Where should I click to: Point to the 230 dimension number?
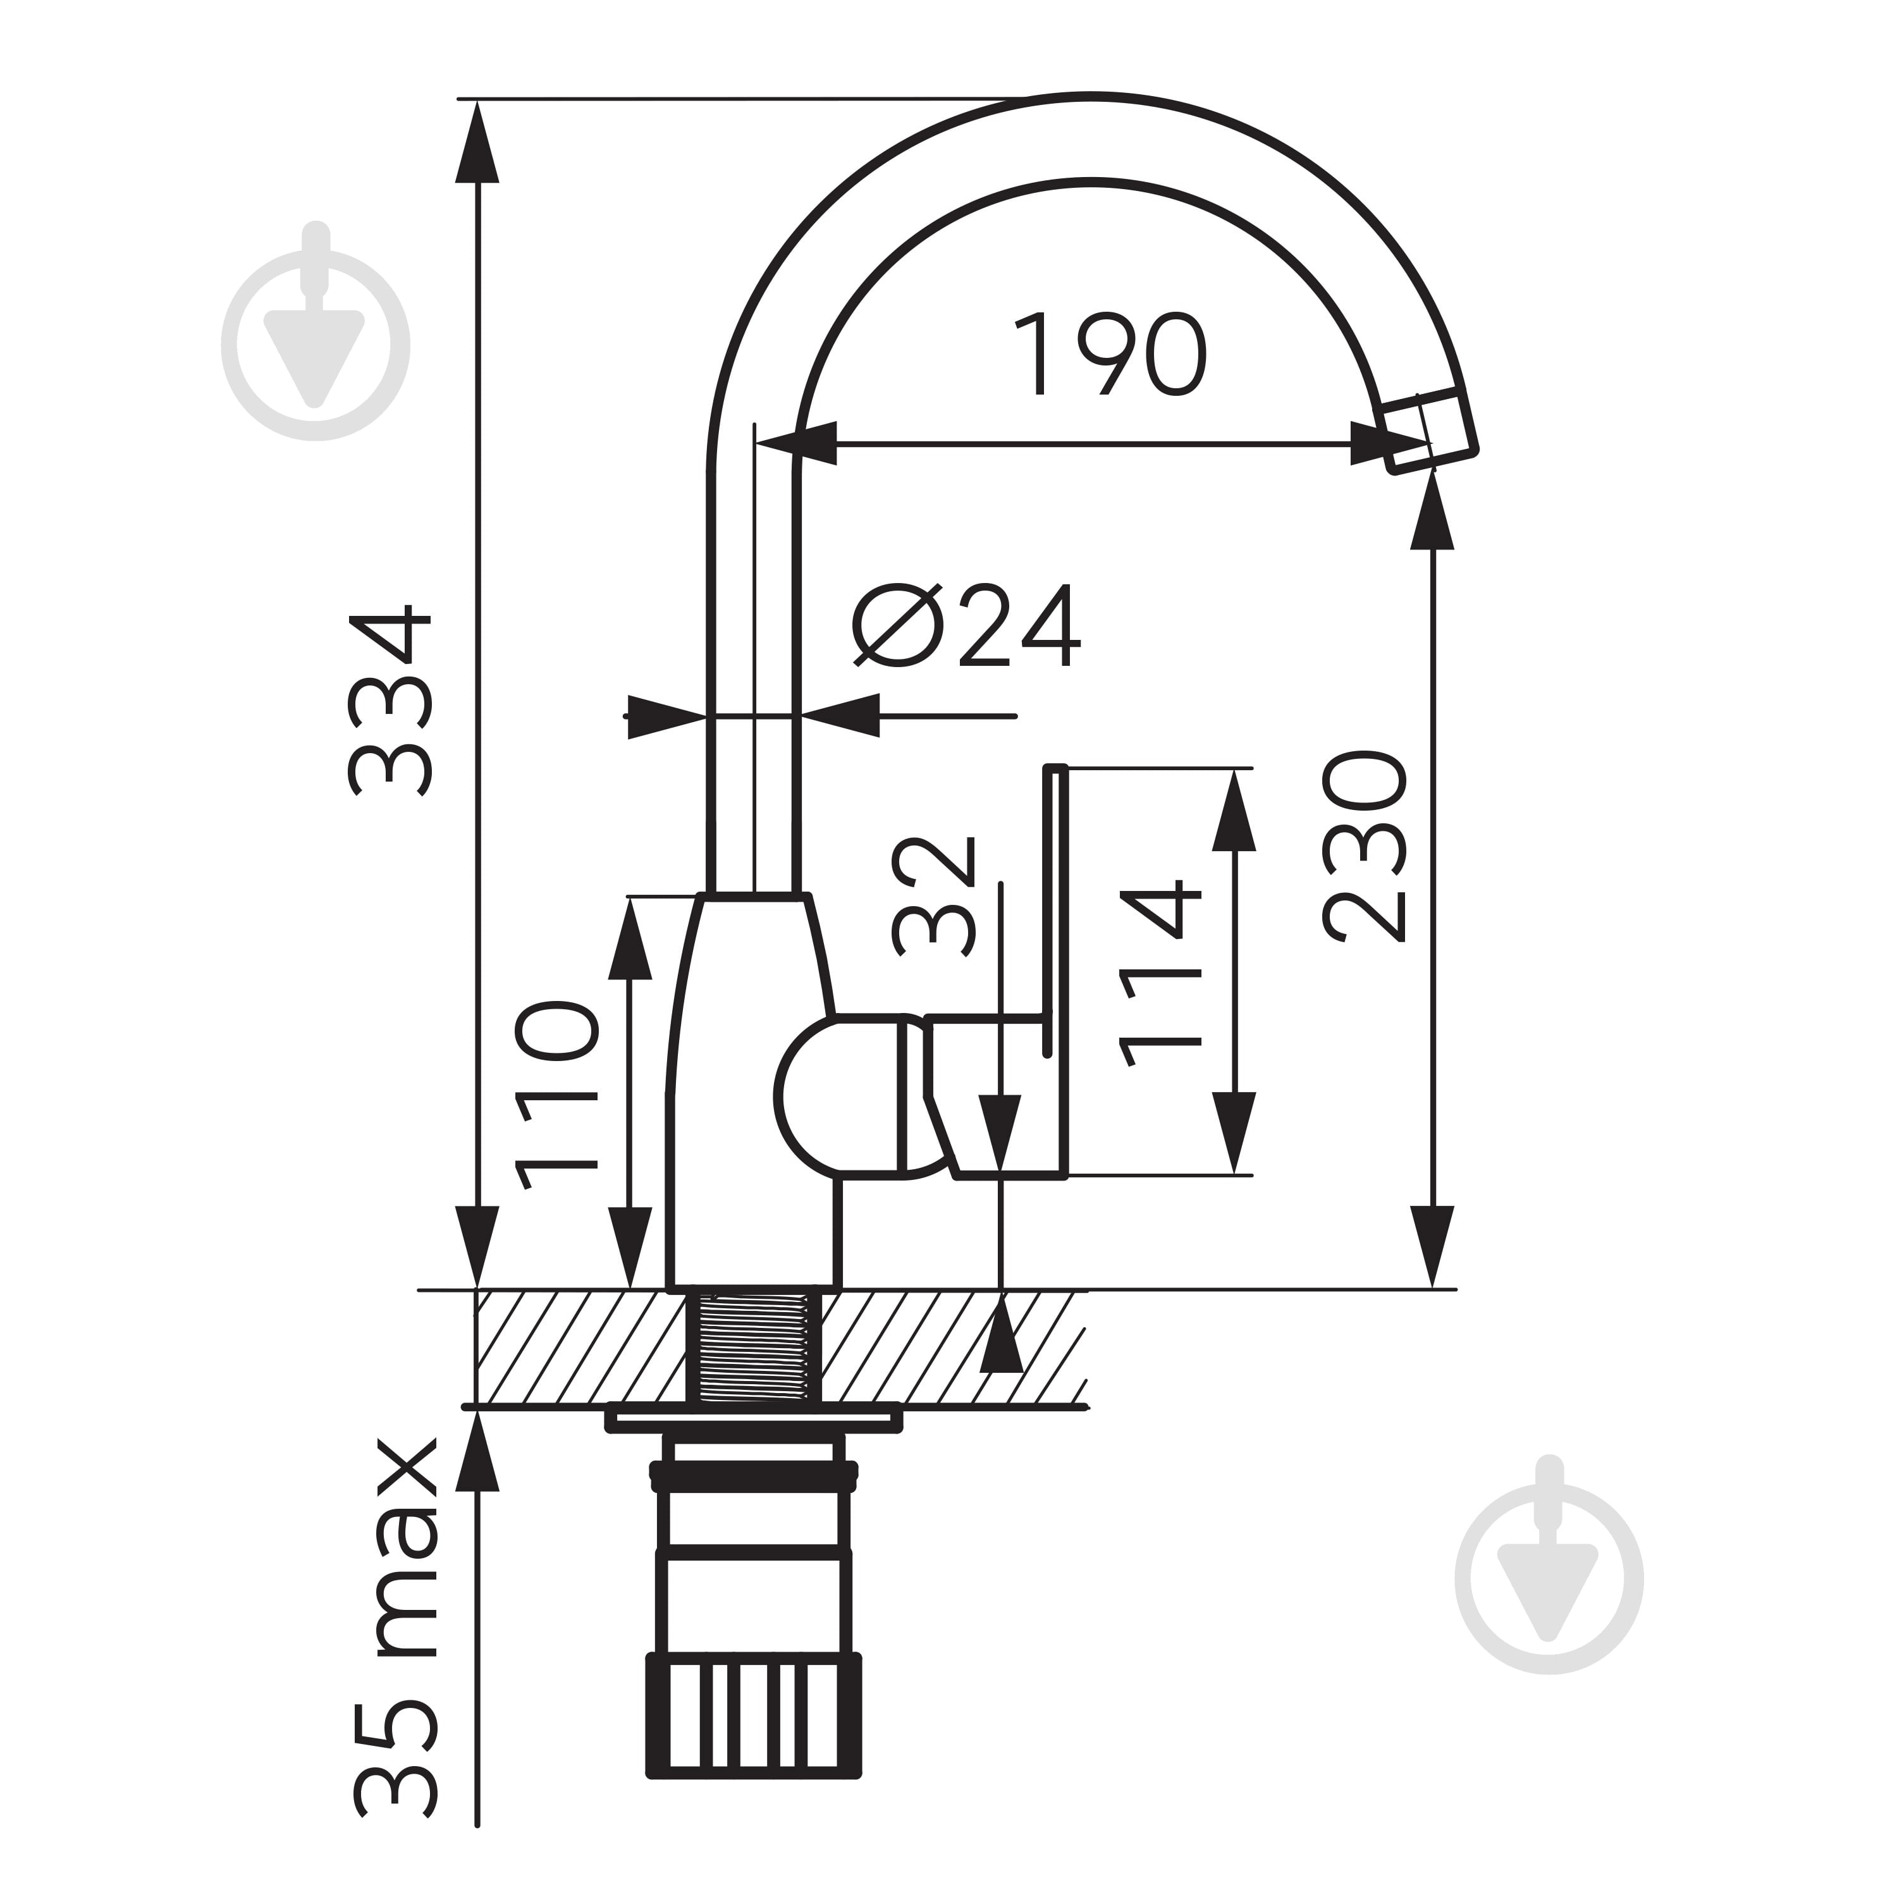[1364, 847]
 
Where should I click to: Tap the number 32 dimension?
[934, 897]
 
